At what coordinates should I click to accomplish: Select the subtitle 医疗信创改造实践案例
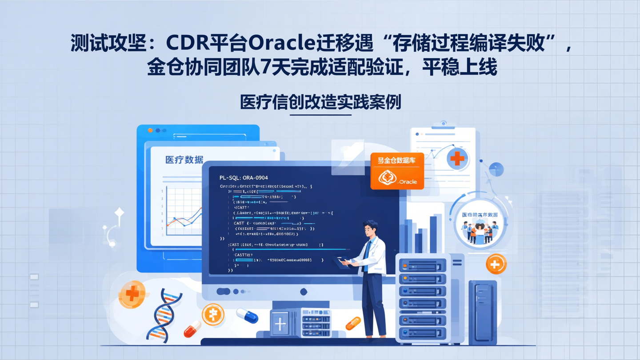[x=320, y=102]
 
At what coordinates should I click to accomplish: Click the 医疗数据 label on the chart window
[x=184, y=160]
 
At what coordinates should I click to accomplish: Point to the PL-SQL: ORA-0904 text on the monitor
[x=244, y=178]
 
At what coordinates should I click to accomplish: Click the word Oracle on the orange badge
[x=407, y=182]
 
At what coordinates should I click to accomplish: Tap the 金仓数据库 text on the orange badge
[x=396, y=160]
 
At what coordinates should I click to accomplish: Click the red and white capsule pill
[x=192, y=330]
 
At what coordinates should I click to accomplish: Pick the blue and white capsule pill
[x=247, y=316]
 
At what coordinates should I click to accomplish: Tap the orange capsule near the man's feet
[x=353, y=323]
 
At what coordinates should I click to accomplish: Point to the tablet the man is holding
[x=344, y=260]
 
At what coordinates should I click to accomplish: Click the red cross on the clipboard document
[x=457, y=158]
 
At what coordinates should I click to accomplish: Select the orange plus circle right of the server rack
[x=496, y=264]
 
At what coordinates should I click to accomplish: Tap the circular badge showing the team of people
[x=480, y=224]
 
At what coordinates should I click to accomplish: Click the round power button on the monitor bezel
[x=304, y=292]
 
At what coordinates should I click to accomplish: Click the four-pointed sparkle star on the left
[x=119, y=212]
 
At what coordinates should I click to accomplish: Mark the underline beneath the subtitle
[x=320, y=115]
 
